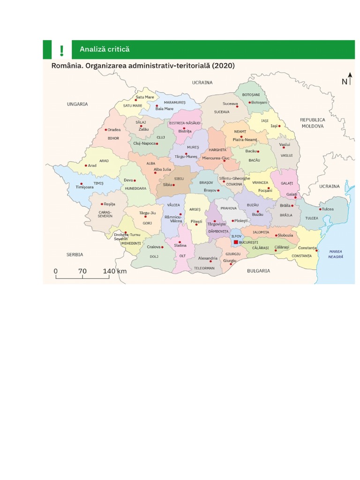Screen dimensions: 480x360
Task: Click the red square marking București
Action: tap(236, 242)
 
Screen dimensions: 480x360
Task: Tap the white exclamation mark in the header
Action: tap(61, 50)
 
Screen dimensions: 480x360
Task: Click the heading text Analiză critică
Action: tap(105, 49)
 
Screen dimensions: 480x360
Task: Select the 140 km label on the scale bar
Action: tap(115, 271)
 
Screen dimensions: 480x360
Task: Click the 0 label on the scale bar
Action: tap(55, 271)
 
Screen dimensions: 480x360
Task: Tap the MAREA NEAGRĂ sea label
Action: tap(336, 254)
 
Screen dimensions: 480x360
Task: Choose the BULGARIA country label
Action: tap(258, 270)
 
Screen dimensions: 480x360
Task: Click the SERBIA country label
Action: tap(75, 255)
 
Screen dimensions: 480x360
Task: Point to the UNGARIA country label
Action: tap(77, 104)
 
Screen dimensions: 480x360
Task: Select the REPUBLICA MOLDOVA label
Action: tap(313, 123)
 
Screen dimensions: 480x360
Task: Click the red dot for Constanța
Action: tap(317, 251)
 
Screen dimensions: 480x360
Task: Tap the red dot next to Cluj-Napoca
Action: tap(157, 143)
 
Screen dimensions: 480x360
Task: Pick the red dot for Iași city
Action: tap(279, 126)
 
